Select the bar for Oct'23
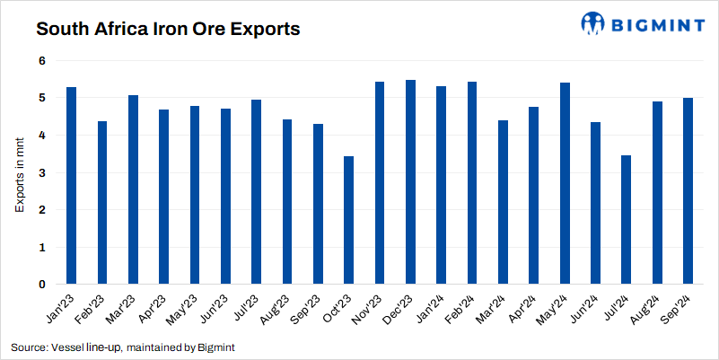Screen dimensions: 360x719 pos(349,220)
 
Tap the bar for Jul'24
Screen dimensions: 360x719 pos(626,220)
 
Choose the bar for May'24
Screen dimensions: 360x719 pos(565,183)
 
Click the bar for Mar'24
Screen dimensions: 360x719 pos(503,202)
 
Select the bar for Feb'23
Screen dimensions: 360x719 pos(102,203)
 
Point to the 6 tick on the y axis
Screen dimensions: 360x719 pos(41,60)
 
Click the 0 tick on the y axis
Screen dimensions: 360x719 pos(41,285)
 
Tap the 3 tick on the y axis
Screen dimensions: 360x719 pos(41,172)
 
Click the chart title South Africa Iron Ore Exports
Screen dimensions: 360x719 pos(167,29)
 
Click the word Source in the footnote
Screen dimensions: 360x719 pos(28,347)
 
